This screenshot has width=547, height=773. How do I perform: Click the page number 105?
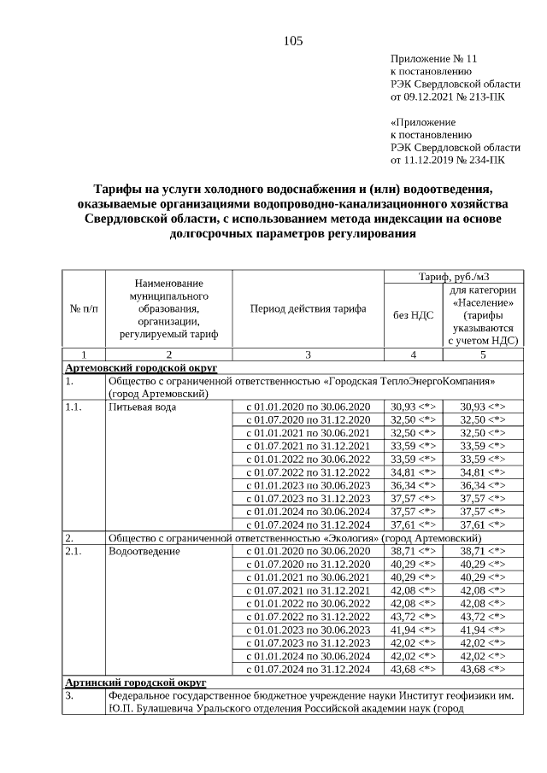tap(293, 41)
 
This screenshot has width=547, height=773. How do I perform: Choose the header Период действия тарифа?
tap(308, 308)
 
